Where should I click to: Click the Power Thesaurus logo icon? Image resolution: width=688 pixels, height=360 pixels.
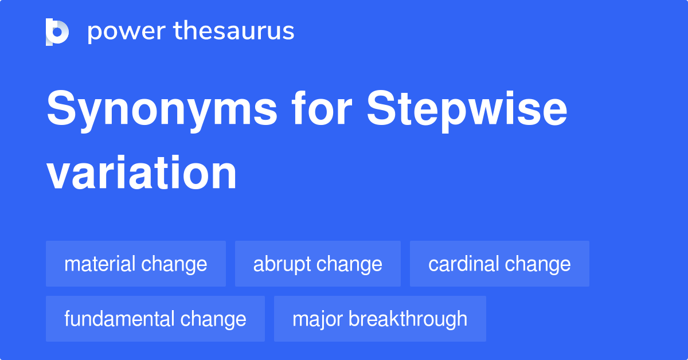coord(57,32)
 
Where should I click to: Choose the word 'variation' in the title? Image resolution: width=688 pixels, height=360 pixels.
coord(142,173)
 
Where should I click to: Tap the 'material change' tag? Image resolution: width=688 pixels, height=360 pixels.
coord(136,264)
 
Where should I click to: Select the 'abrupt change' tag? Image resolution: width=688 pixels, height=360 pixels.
coord(318,264)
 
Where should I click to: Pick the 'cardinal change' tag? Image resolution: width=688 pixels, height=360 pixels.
coord(499,264)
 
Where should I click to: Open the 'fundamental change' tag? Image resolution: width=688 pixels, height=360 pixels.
coord(155,319)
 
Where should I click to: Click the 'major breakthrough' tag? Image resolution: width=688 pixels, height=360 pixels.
coord(380,319)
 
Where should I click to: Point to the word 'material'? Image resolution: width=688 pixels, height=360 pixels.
coord(100,264)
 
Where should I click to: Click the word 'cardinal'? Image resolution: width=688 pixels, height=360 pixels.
coord(463,264)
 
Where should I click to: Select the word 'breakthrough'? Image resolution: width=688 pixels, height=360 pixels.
coord(408,319)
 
